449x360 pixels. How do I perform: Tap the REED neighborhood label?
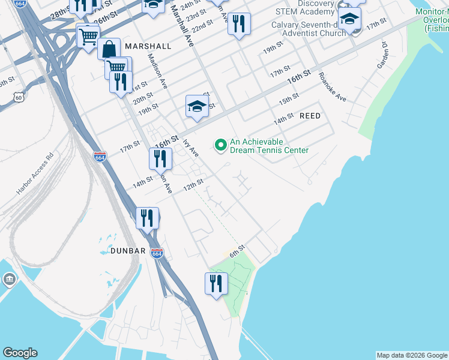tap(310, 115)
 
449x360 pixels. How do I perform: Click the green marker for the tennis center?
tap(220, 144)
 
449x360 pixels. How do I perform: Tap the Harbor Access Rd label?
tap(35, 174)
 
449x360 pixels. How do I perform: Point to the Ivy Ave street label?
tap(191, 148)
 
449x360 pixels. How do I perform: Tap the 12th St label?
tap(193, 184)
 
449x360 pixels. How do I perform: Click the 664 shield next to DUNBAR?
tap(157, 254)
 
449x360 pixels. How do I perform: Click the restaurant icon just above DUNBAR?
tap(147, 218)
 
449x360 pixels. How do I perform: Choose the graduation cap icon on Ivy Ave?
tap(196, 107)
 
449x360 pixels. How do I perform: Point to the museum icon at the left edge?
tap(10, 280)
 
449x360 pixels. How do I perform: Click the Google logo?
tap(20, 353)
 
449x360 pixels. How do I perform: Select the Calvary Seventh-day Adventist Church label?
tap(309, 29)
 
